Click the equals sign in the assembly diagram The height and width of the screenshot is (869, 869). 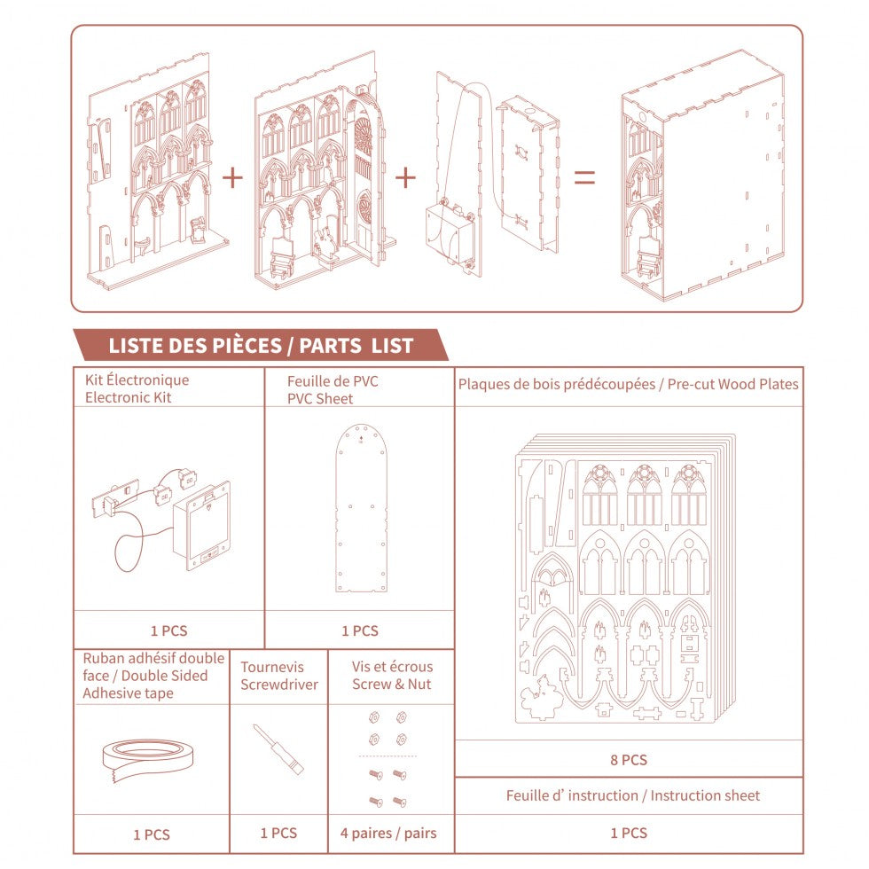click(584, 177)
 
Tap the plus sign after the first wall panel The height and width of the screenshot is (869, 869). click(232, 177)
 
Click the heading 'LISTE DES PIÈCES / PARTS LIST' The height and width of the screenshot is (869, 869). click(261, 346)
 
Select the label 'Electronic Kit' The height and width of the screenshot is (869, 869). click(128, 397)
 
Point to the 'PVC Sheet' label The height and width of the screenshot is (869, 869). click(320, 398)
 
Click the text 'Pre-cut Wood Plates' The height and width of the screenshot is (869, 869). click(732, 385)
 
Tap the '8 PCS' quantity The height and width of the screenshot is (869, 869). click(629, 760)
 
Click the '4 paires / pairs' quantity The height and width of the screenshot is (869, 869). click(388, 833)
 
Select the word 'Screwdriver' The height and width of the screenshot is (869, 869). click(279, 685)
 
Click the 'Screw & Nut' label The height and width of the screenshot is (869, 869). click(392, 685)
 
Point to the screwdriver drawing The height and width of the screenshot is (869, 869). click(278, 749)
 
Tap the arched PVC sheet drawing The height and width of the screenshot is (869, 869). click(361, 508)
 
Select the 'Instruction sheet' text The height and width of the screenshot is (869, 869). click(705, 796)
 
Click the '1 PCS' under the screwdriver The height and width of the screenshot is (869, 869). click(278, 833)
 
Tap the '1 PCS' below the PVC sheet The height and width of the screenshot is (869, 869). click(360, 630)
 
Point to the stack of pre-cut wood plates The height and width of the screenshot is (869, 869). click(625, 578)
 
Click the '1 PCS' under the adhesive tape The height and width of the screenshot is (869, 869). click(152, 834)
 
